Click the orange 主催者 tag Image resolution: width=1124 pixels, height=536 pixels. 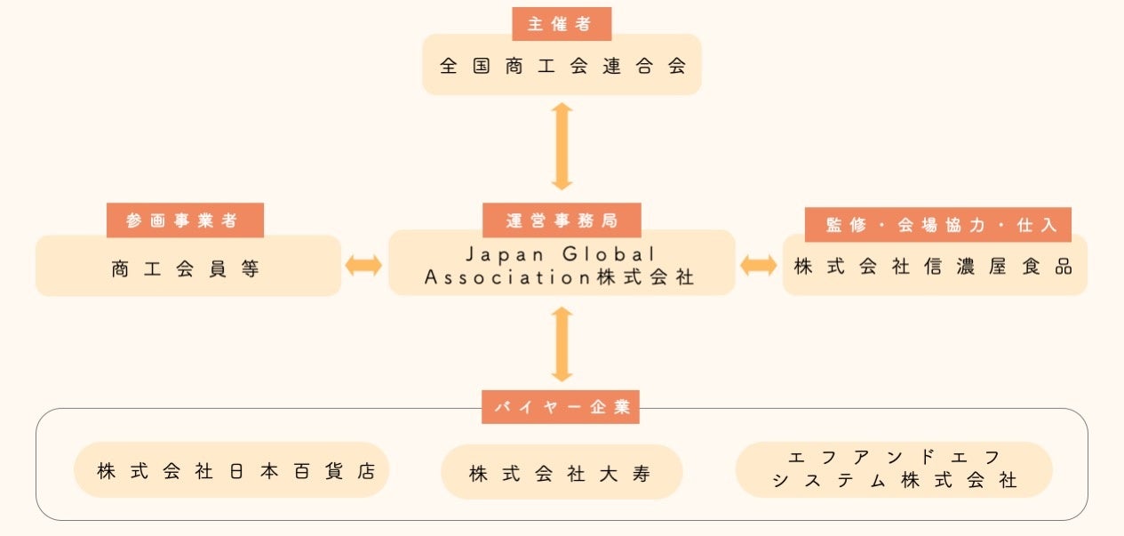(x=562, y=24)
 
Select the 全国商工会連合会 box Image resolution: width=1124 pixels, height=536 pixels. (x=562, y=66)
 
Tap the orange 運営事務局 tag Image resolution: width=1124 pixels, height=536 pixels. (x=562, y=220)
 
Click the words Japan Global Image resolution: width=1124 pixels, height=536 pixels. (x=562, y=254)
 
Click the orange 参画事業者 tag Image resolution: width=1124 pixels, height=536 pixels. (x=185, y=220)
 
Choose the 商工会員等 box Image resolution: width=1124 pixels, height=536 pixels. (x=187, y=268)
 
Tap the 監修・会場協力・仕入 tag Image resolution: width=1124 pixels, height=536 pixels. (x=937, y=225)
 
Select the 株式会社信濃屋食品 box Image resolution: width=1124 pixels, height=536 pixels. (x=934, y=267)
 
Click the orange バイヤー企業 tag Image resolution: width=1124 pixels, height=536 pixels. (x=561, y=407)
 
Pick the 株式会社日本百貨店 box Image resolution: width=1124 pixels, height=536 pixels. (x=231, y=470)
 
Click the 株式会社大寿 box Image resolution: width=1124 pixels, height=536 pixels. (x=561, y=473)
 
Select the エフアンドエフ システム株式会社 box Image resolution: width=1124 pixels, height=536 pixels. (x=894, y=469)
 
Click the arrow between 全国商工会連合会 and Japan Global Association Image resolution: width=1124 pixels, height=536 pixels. (x=562, y=146)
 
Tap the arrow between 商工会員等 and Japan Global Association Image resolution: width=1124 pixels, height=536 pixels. (x=363, y=265)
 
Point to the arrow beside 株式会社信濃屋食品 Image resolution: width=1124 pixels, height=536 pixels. (x=758, y=265)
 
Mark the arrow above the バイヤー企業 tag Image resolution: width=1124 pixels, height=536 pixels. (x=562, y=344)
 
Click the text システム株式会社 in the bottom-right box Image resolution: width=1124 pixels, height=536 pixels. (x=894, y=481)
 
